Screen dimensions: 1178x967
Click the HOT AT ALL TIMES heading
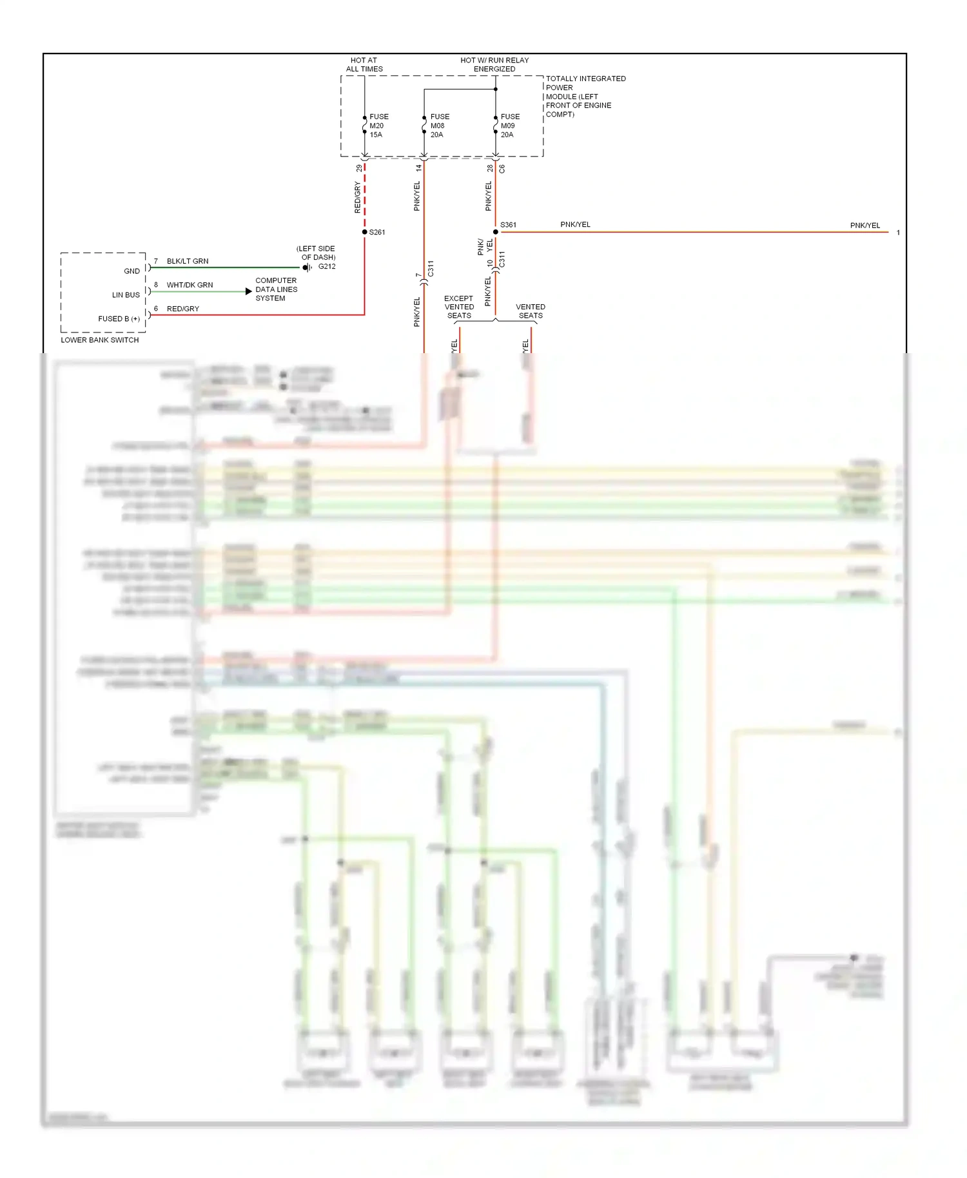364,64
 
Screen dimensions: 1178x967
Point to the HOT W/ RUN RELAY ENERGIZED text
494,64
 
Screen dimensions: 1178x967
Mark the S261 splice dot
365,232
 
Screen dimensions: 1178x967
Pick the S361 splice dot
495,232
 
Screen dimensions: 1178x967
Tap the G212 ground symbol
307,267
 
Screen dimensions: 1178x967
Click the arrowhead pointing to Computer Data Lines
249,291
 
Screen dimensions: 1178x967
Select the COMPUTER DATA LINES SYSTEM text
276,289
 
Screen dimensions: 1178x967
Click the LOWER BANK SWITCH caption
100,340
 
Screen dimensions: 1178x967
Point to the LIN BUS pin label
126,295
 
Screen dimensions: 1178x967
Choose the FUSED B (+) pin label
119,319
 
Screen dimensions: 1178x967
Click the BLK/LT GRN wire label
188,261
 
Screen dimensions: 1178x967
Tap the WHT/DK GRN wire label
190,285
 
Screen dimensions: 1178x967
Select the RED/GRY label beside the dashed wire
357,197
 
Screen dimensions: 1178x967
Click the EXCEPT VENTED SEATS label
459,307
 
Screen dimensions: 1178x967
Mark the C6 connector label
502,169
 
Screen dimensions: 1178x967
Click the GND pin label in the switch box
132,271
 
